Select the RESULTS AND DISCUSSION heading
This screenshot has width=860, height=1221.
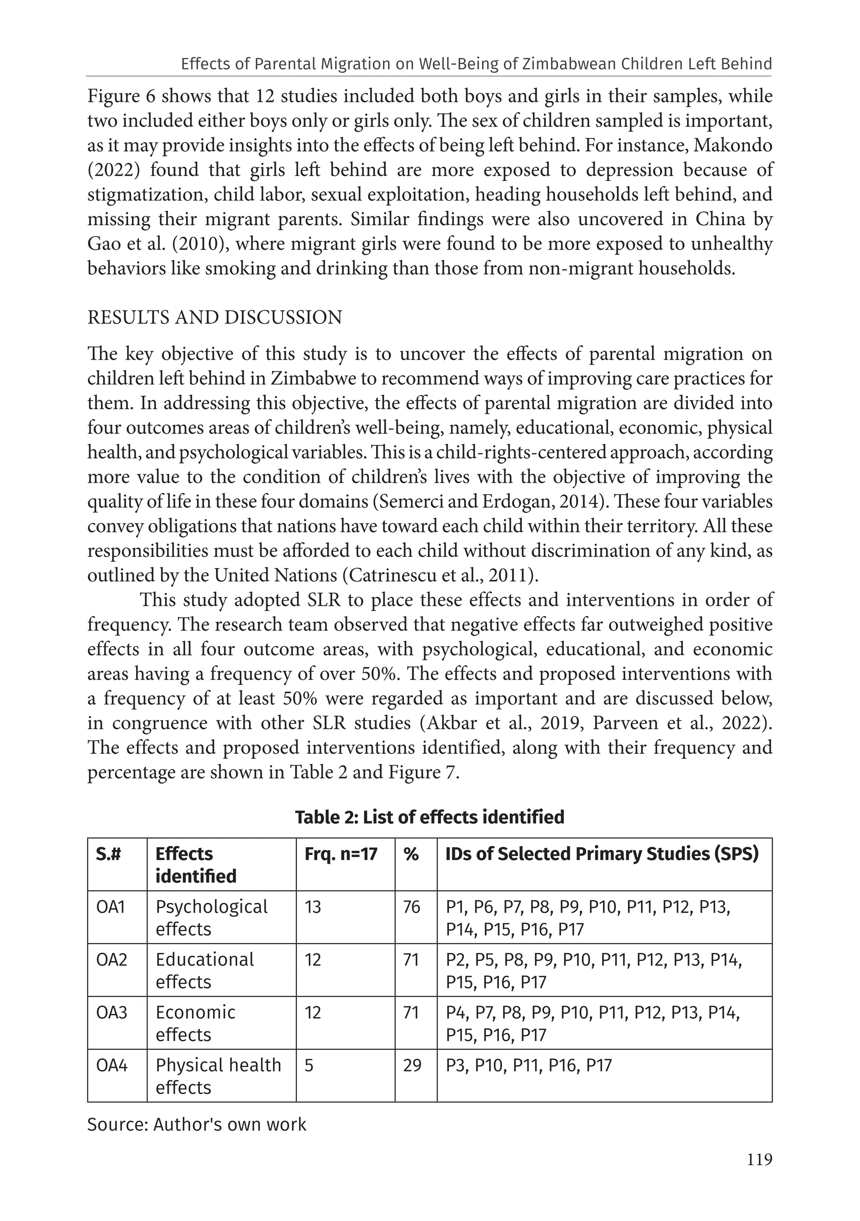[215, 318]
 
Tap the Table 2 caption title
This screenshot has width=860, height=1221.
[430, 817]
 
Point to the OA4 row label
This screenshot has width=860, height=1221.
[112, 1065]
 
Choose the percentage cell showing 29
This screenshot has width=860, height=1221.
[412, 1065]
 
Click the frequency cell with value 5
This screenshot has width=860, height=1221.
[309, 1065]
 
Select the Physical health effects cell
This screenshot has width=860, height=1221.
[218, 1076]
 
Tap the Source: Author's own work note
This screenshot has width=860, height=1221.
[197, 1124]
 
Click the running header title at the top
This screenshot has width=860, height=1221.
[476, 64]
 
